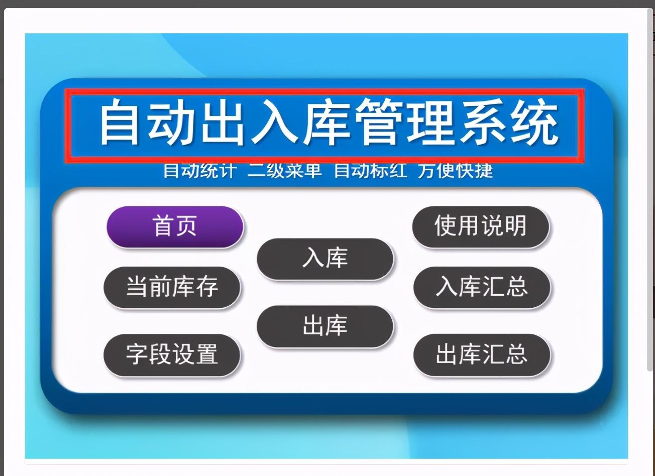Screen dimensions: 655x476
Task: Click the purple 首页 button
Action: point(175,227)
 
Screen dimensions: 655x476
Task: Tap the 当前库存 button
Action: point(172,287)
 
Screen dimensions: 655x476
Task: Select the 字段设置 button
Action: point(172,355)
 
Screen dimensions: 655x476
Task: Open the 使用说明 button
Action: point(481,227)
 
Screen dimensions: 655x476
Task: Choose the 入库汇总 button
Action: point(482,287)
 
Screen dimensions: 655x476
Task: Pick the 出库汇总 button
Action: point(482,355)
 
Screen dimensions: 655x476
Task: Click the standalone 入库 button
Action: point(325,259)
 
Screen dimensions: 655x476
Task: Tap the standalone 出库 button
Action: point(325,326)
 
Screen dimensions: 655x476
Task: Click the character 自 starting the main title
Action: point(120,122)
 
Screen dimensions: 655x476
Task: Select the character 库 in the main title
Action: point(326,122)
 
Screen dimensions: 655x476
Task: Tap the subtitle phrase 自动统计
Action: point(200,170)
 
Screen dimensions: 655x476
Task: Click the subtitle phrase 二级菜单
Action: point(284,170)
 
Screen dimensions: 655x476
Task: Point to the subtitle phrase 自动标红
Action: point(370,170)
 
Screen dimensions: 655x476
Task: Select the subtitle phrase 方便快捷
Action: point(455,170)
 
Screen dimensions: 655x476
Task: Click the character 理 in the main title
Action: point(431,122)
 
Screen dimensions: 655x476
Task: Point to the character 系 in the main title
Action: point(483,122)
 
